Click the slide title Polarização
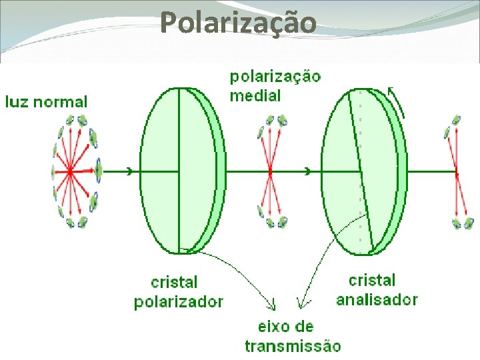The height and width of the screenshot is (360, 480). [x=239, y=23]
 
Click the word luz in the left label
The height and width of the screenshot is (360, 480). [x=18, y=102]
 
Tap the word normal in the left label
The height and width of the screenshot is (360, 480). [x=61, y=102]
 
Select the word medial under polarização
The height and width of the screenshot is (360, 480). [x=255, y=95]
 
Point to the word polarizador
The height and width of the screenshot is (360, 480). [x=179, y=301]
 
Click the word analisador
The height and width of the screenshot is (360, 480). [x=377, y=299]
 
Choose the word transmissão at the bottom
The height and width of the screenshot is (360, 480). [x=293, y=345]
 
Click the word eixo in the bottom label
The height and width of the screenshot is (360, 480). [x=273, y=327]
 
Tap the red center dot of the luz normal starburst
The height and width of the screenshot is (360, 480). [x=70, y=171]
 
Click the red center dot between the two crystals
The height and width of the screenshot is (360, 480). [x=270, y=171]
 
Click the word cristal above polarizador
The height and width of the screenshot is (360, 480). [x=174, y=283]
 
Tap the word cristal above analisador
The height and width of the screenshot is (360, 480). [x=372, y=281]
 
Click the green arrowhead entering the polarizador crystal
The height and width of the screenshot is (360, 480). [x=129, y=171]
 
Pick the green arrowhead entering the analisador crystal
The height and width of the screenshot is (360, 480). [x=307, y=171]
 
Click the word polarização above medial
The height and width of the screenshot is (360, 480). [x=275, y=76]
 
